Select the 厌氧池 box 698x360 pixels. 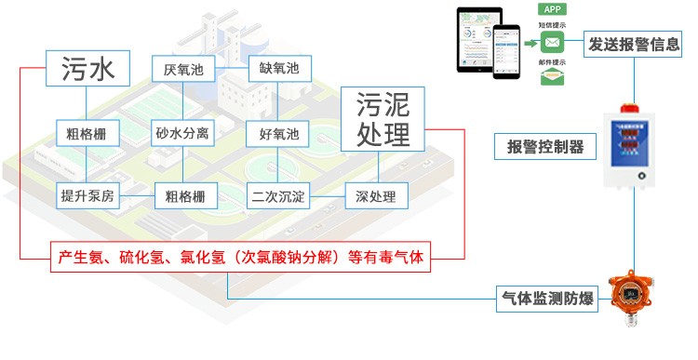[x=181, y=69]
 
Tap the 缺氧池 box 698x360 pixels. [x=278, y=69]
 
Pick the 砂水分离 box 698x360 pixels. [x=181, y=133]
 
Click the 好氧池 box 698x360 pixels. [x=278, y=133]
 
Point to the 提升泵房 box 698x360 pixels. [x=87, y=195]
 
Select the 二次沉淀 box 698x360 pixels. [x=278, y=195]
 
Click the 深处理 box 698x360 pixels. [x=376, y=195]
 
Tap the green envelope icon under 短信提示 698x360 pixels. [x=553, y=43]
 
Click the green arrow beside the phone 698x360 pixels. [x=529, y=43]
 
